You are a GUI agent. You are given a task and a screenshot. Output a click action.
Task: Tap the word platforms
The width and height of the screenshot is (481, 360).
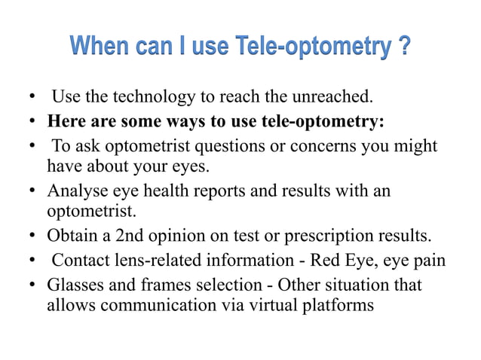click(338, 307)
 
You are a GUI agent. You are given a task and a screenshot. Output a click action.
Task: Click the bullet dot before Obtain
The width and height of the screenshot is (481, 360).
click(34, 238)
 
